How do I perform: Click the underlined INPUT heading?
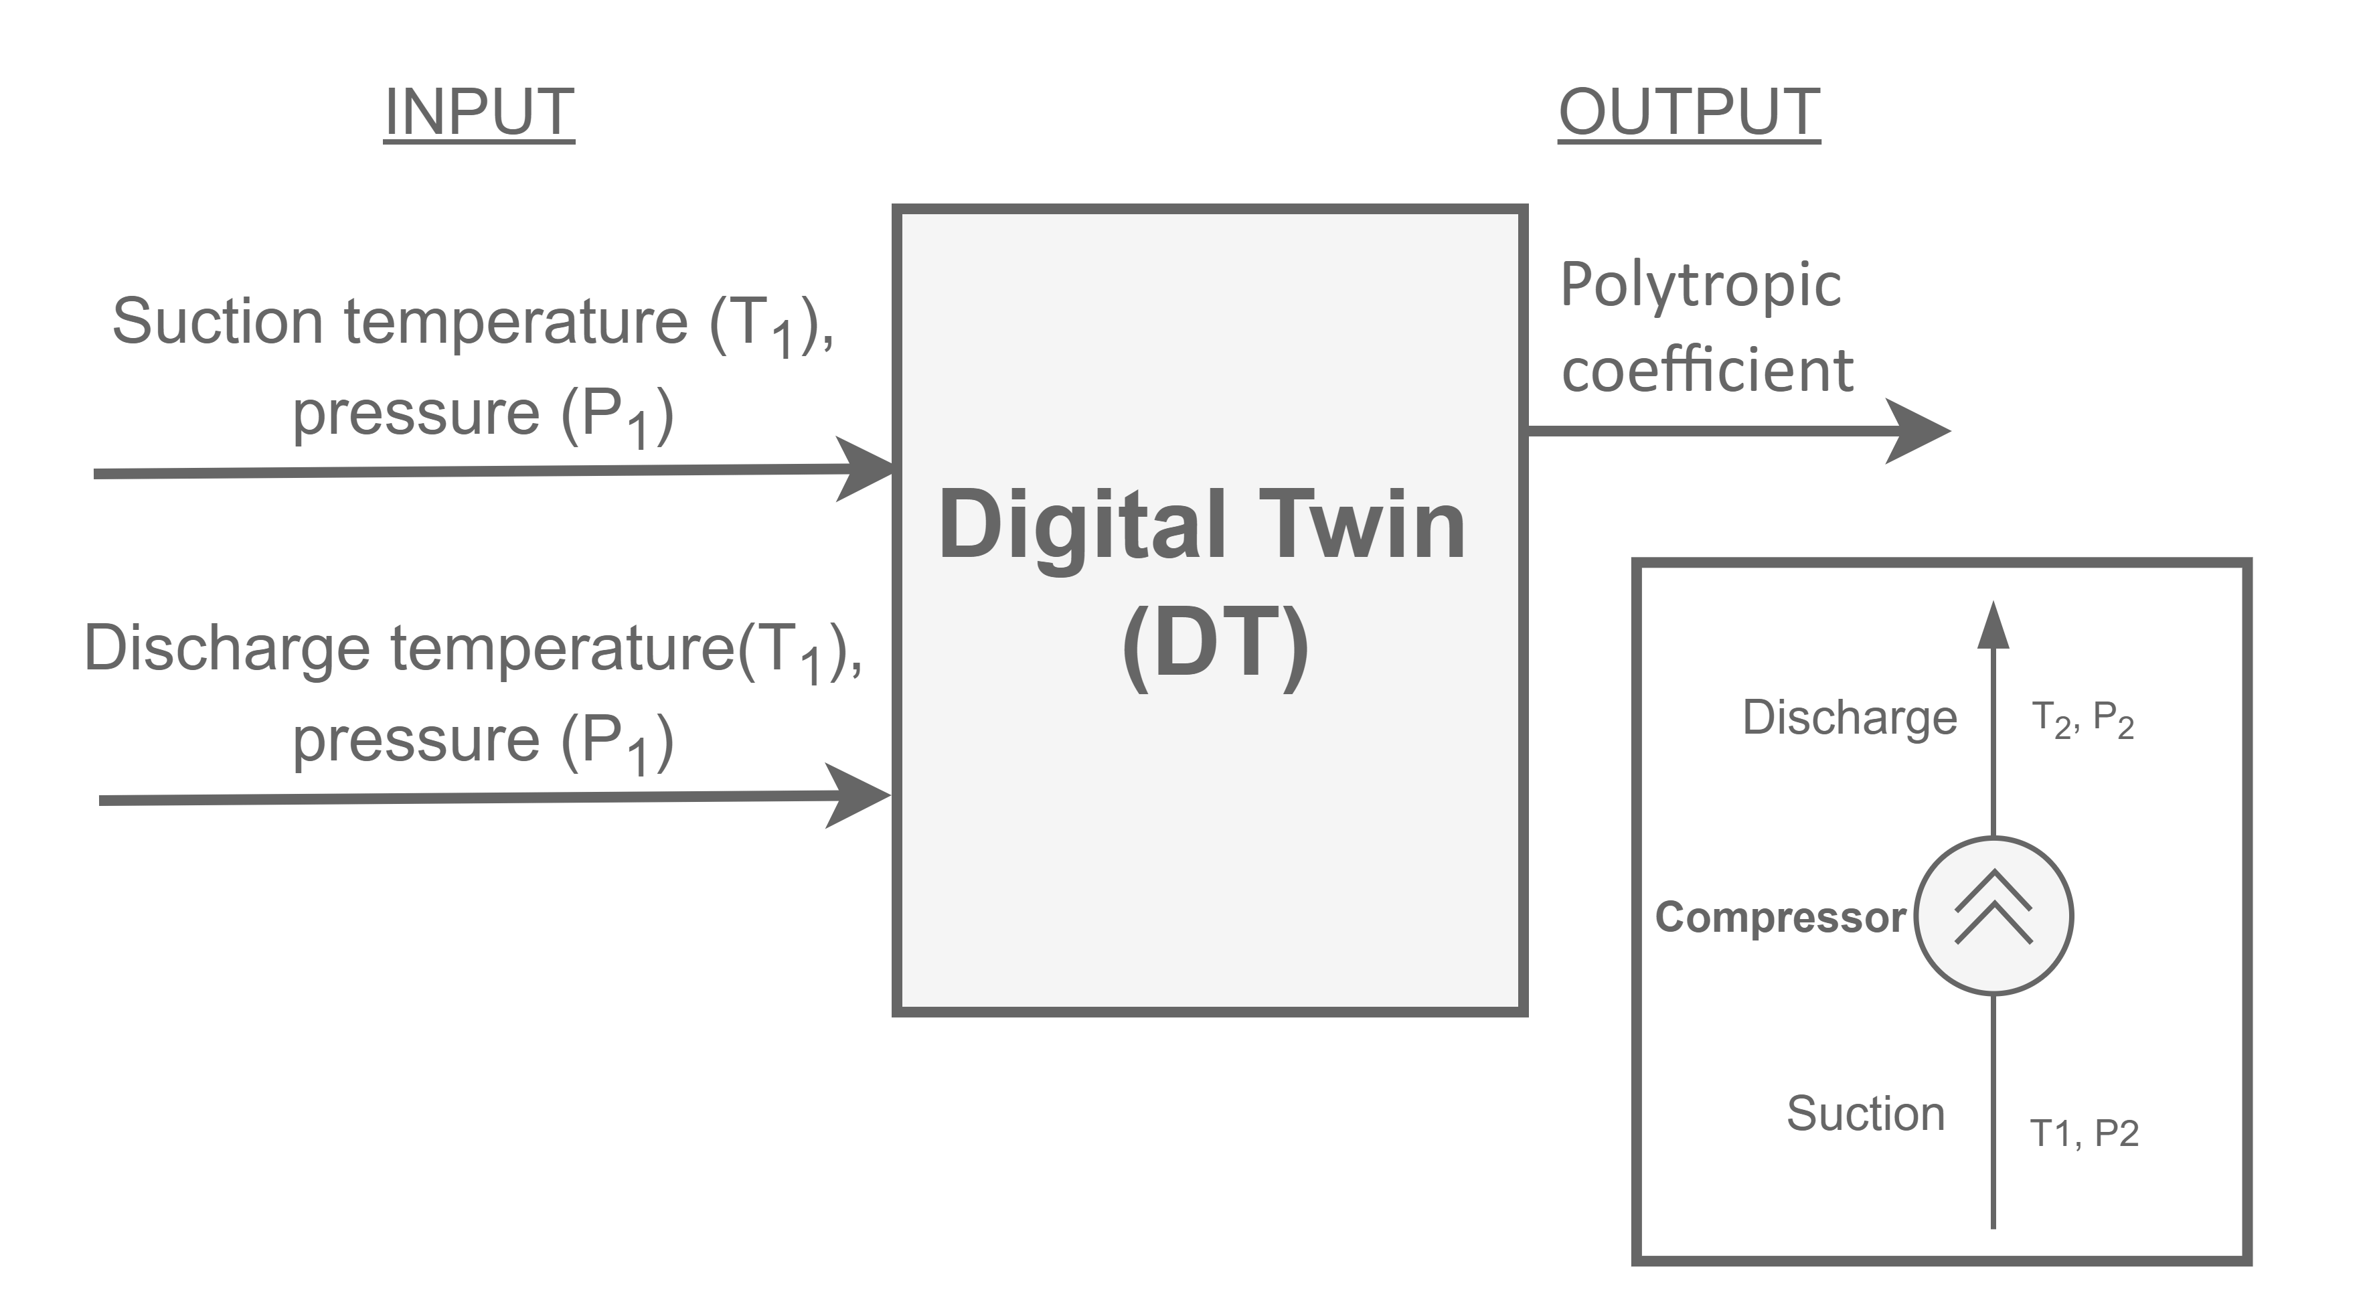pyautogui.click(x=479, y=112)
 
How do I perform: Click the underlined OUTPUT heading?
pyautogui.click(x=1689, y=112)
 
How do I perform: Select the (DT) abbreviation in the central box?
pyautogui.click(x=1215, y=643)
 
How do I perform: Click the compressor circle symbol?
pyautogui.click(x=1993, y=915)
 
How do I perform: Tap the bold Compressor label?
pyautogui.click(x=1780, y=917)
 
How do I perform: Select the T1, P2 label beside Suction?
pyautogui.click(x=2084, y=1133)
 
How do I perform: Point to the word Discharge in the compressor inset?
pyautogui.click(x=1849, y=717)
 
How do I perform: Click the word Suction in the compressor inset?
pyautogui.click(x=1866, y=1114)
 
